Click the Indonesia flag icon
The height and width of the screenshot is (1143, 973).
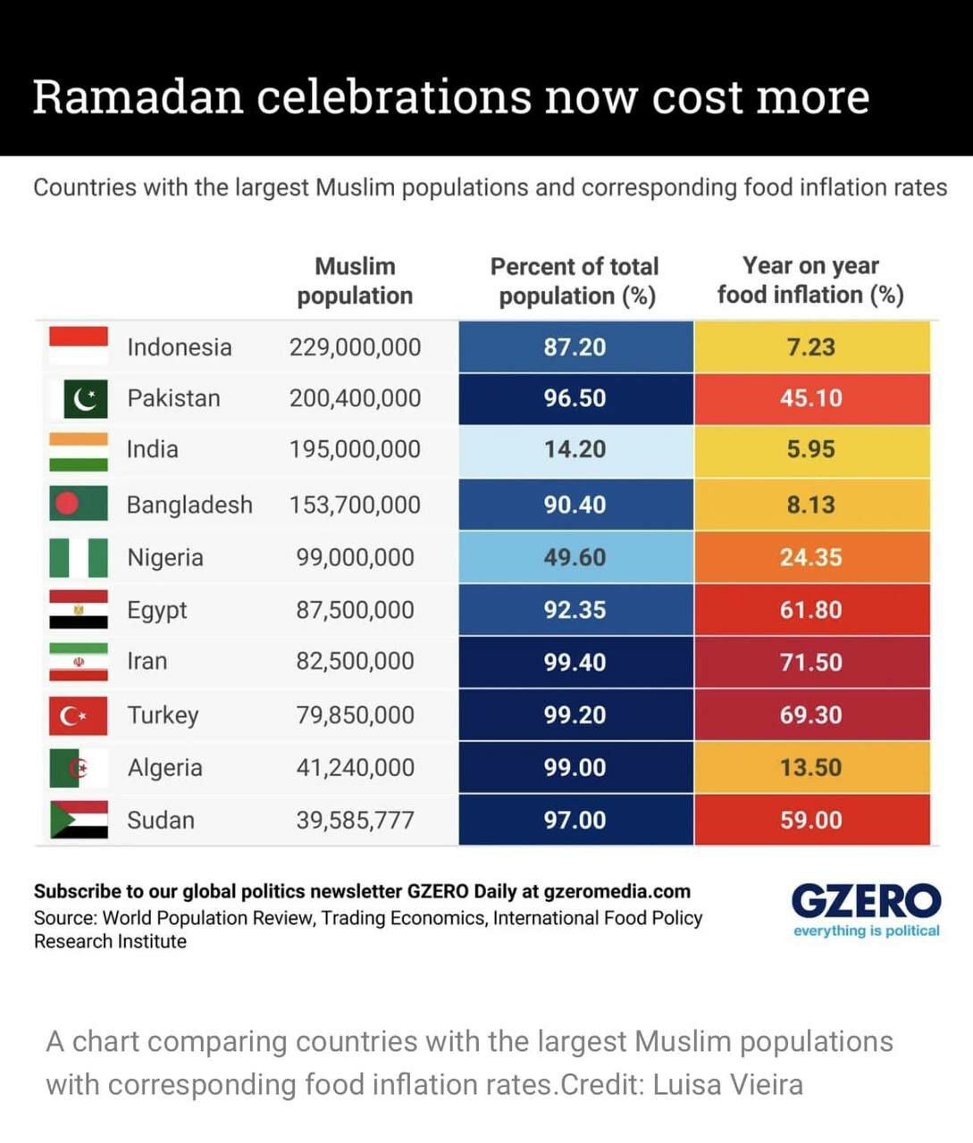pyautogui.click(x=79, y=346)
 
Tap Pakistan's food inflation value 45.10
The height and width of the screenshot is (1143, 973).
pyautogui.click(x=810, y=398)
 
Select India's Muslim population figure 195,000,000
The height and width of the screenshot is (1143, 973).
pyautogui.click(x=355, y=449)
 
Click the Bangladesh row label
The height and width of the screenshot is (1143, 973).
pyautogui.click(x=189, y=505)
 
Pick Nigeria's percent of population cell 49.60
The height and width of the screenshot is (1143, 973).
pyautogui.click(x=575, y=557)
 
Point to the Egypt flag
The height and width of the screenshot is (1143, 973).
pyautogui.click(x=79, y=610)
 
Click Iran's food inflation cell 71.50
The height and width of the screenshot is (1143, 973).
pyautogui.click(x=810, y=663)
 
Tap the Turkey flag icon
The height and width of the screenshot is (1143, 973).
pyautogui.click(x=79, y=715)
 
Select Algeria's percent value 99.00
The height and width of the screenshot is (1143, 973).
pyautogui.click(x=575, y=768)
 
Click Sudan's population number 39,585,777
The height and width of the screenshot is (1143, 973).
pyautogui.click(x=355, y=820)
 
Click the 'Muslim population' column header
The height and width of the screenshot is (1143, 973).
pyautogui.click(x=355, y=280)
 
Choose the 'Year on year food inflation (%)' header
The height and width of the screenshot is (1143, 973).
pyautogui.click(x=810, y=280)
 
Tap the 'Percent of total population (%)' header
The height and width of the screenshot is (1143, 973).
pyautogui.click(x=575, y=280)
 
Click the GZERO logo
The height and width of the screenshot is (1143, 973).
pyautogui.click(x=866, y=901)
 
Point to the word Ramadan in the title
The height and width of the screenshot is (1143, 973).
pyautogui.click(x=138, y=96)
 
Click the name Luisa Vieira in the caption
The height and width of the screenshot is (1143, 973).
pyautogui.click(x=727, y=1084)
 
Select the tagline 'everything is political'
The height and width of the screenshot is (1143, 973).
pyautogui.click(x=866, y=930)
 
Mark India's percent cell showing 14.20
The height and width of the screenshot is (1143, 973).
pyautogui.click(x=575, y=449)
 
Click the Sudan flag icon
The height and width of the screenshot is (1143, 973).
pyautogui.click(x=79, y=820)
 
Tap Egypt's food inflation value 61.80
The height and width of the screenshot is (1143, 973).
pyautogui.click(x=810, y=610)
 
